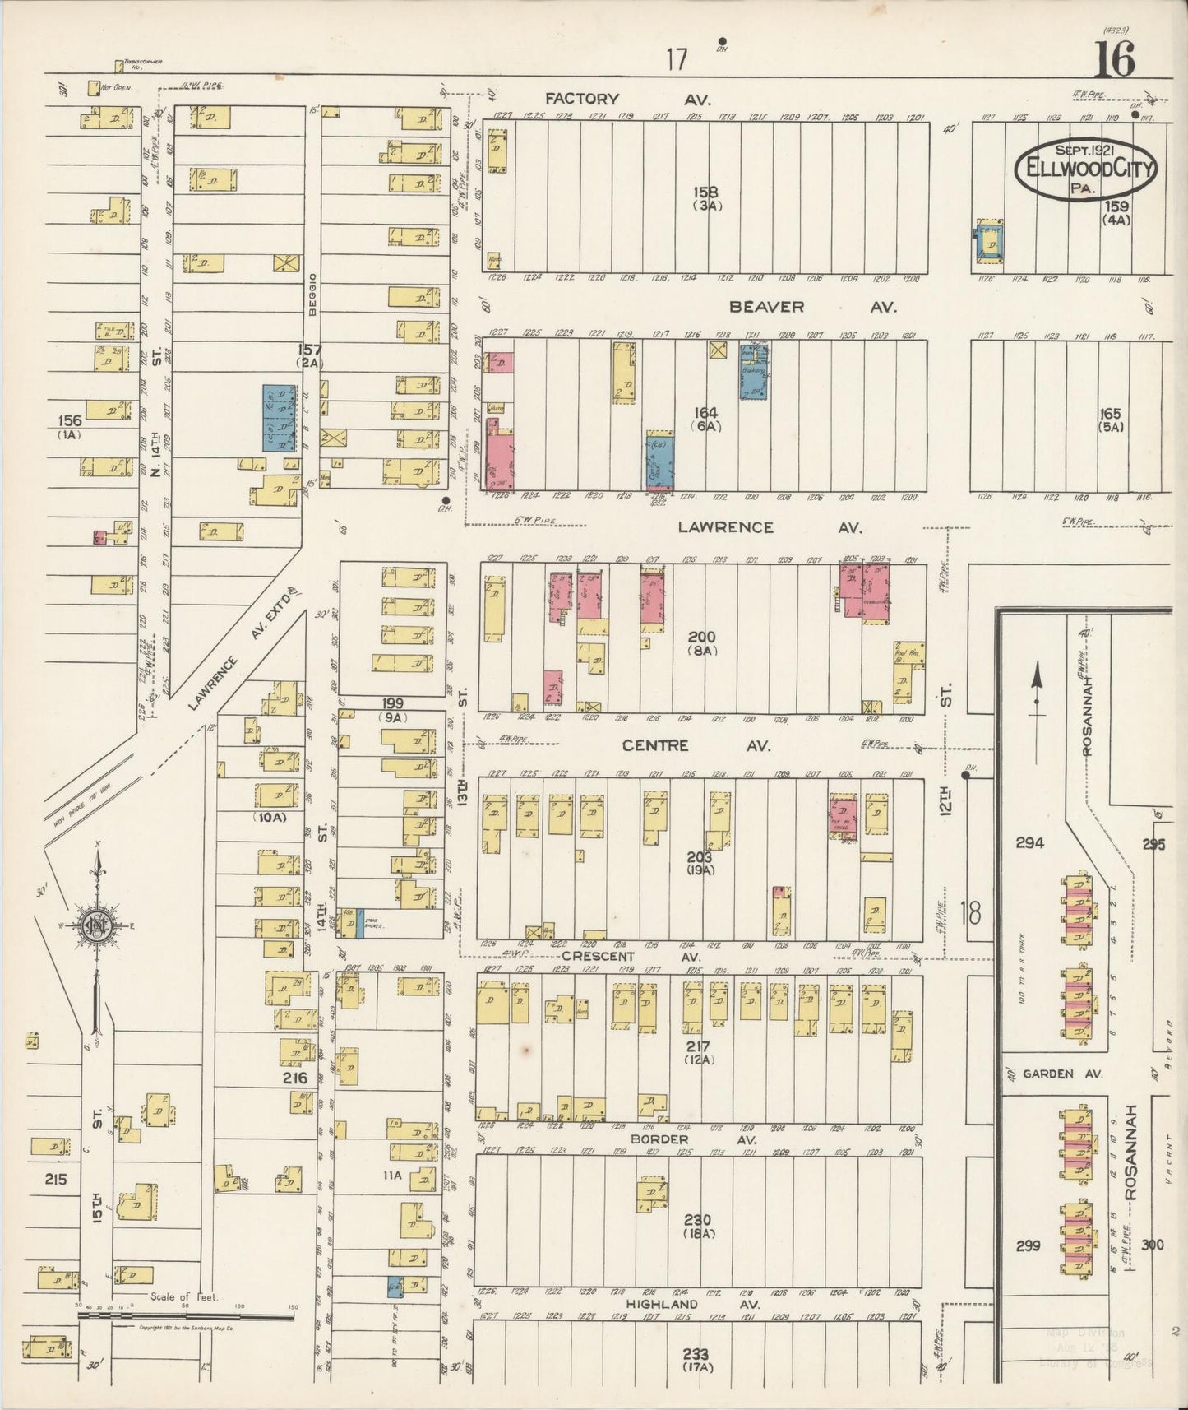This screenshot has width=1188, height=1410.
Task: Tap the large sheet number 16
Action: click(x=1114, y=58)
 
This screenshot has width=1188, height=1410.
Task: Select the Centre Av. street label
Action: click(x=696, y=745)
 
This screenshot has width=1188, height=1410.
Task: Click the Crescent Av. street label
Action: click(x=631, y=957)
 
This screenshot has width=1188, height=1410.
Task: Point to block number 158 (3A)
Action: click(x=706, y=197)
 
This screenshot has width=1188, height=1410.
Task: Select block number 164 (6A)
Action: click(x=705, y=419)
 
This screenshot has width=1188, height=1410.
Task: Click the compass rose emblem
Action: click(x=98, y=927)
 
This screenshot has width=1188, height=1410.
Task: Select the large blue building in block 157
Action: click(x=280, y=418)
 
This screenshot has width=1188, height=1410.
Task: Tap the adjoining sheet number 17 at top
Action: click(x=676, y=59)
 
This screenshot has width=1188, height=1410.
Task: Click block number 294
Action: click(x=1029, y=842)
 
